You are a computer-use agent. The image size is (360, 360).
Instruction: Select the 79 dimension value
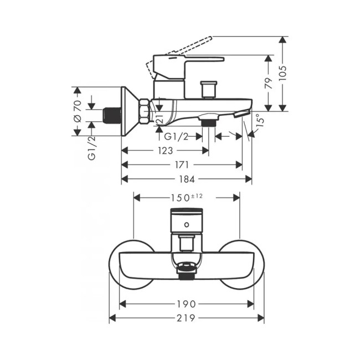click(269, 83)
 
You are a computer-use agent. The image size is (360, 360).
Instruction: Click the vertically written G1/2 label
click(91, 148)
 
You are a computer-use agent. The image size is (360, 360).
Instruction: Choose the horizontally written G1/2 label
click(176, 136)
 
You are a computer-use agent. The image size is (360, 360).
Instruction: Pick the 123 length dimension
click(164, 151)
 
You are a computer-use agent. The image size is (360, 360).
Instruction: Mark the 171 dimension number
click(183, 164)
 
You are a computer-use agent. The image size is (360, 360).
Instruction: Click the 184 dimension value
click(187, 179)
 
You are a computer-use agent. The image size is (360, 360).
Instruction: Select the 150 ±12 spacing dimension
click(187, 197)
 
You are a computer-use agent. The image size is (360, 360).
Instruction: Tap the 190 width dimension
click(187, 304)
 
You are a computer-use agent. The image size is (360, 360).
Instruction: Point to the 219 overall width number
click(187, 318)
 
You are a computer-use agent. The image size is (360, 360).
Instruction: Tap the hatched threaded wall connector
click(112, 115)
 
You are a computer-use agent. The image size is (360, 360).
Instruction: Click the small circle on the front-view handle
click(187, 225)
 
